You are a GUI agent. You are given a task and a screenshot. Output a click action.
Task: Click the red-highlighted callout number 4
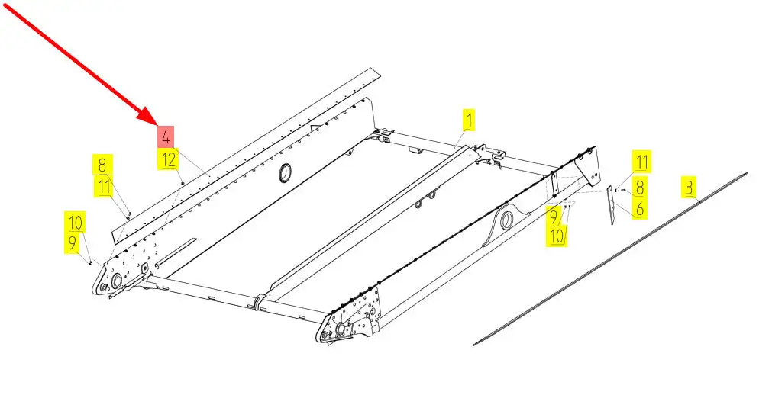click(166, 137)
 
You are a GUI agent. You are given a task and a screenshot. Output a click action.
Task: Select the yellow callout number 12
click(168, 159)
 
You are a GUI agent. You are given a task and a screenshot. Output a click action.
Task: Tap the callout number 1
click(469, 121)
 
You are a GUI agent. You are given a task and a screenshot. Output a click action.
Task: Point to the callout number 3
click(688, 188)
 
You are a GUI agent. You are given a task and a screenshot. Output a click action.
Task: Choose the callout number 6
click(639, 208)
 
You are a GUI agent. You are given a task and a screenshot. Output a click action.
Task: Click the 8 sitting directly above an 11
click(102, 165)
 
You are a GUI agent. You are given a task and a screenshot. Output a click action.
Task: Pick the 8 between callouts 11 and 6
click(639, 188)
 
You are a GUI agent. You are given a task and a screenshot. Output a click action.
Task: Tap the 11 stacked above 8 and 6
click(641, 161)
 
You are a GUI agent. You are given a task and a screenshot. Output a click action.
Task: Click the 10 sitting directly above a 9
click(76, 222)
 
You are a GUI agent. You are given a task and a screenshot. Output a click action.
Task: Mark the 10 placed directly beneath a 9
click(557, 236)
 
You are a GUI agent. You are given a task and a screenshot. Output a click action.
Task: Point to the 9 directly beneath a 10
click(73, 242)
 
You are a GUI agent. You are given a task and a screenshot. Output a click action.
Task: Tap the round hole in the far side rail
click(285, 174)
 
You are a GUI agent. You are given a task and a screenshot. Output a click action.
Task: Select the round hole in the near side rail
click(506, 220)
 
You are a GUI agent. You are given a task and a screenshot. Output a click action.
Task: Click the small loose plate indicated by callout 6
click(611, 205)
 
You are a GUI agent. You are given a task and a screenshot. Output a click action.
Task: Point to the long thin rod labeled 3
click(611, 258)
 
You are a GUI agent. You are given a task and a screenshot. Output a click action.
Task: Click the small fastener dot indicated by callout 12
click(183, 183)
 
